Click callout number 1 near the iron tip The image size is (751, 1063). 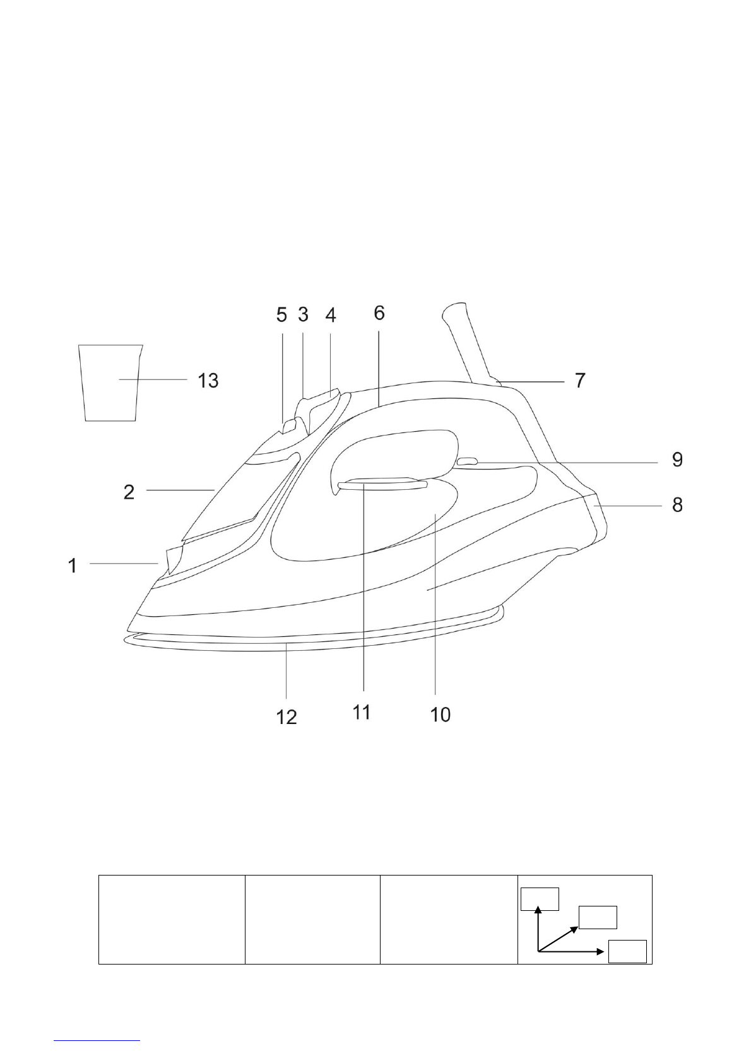pos(73,565)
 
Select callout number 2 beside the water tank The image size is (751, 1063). pos(129,492)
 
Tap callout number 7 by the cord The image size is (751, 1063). pos(580,381)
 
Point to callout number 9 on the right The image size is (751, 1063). pos(677,459)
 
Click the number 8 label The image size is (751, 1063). pos(677,505)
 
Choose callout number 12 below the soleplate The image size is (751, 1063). pos(287,716)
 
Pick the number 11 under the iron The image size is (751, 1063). pos(361,712)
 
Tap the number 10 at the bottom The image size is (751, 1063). pos(440,715)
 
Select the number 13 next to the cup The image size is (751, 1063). pos(208,381)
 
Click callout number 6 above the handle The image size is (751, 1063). pos(379,312)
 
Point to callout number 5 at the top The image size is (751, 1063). pos(281,314)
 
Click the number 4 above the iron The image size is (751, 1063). pos(331,314)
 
